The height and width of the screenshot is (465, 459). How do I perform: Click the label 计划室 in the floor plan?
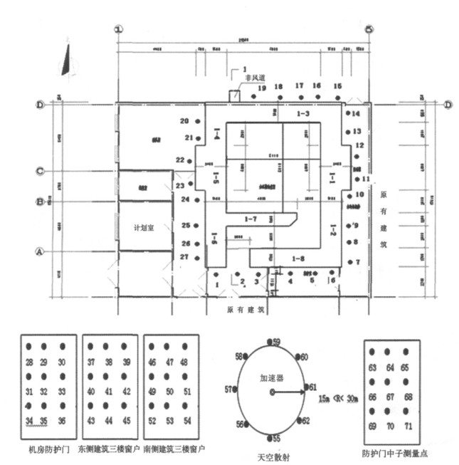145,229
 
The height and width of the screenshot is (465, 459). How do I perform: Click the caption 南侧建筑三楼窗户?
175,450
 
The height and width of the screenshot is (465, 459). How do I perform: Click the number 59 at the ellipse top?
276,342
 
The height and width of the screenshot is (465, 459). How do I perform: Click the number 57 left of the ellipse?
228,390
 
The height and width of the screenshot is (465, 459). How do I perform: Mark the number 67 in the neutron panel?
388,396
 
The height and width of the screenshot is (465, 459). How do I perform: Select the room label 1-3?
303,114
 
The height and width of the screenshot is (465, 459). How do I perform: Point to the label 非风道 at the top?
255,77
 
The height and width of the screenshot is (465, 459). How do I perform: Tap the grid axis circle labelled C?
41,171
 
